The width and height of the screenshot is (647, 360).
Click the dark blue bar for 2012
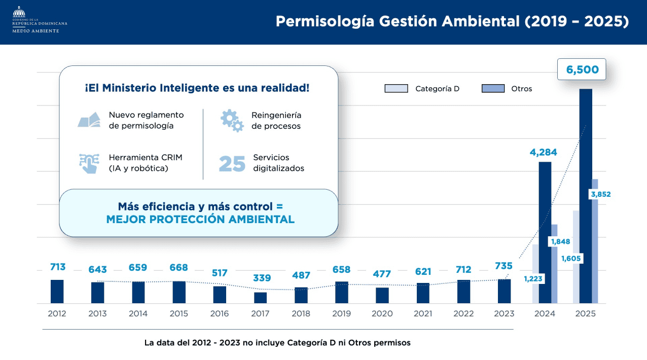click(57, 292)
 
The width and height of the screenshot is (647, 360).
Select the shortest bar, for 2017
click(260, 298)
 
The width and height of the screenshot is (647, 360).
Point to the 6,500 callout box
click(582, 70)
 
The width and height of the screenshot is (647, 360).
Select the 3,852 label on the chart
click(600, 194)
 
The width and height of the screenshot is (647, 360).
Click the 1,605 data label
click(571, 259)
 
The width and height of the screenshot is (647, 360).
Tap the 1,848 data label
click(560, 242)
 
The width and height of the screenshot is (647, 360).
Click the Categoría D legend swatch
click(396, 89)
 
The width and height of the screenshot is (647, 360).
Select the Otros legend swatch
click(493, 89)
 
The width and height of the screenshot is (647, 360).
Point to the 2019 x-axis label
click(341, 314)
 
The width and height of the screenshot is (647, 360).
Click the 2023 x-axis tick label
click(504, 314)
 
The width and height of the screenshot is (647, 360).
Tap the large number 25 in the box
click(232, 164)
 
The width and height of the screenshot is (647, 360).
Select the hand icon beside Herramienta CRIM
click(89, 163)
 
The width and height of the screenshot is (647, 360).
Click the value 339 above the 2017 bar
click(262, 278)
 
